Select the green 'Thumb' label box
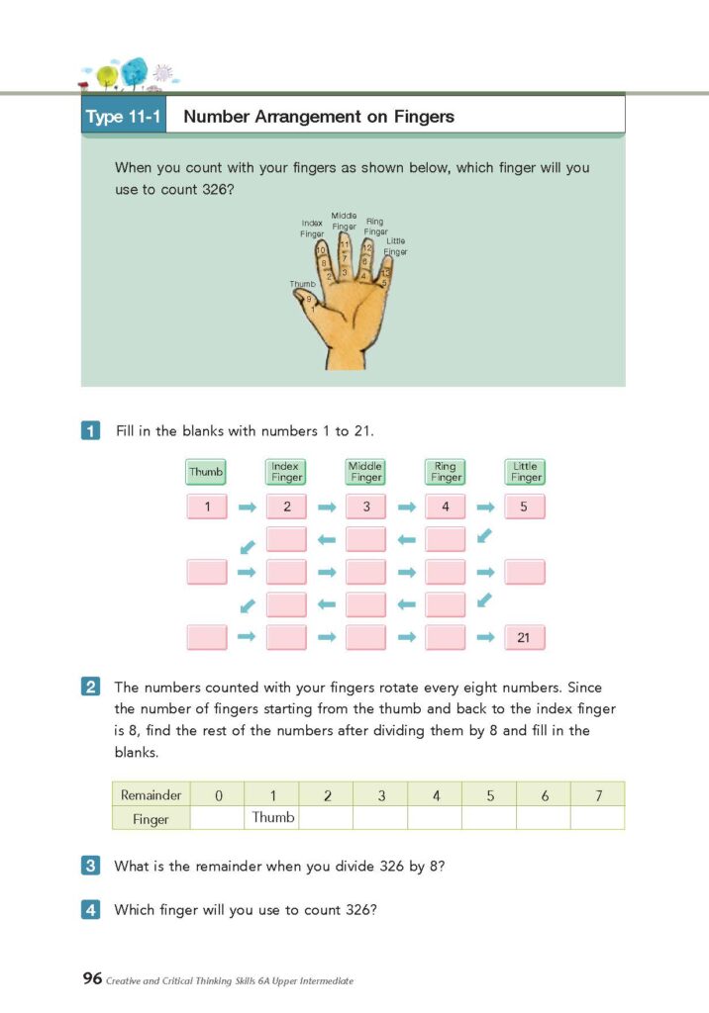(206, 472)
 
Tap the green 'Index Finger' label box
(285, 472)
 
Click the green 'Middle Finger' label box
(365, 472)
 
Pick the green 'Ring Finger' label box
(446, 472)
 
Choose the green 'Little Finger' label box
(525, 472)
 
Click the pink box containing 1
(207, 507)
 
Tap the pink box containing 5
(525, 507)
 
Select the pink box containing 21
(525, 638)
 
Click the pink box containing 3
(365, 507)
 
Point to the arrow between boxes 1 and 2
(247, 507)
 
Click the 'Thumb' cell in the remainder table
(272, 818)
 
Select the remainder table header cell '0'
(218, 794)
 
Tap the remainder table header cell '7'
(597, 794)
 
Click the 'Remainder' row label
(151, 794)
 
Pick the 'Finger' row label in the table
(151, 819)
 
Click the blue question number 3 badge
(90, 866)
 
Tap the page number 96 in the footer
(92, 979)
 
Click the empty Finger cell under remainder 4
(435, 818)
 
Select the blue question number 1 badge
(90, 431)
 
